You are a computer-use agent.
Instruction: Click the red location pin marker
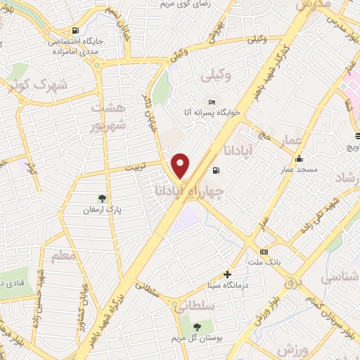pyautogui.click(x=181, y=165)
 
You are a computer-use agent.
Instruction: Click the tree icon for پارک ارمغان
pyautogui.click(x=103, y=198)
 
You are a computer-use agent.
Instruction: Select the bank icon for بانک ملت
pyautogui.click(x=264, y=252)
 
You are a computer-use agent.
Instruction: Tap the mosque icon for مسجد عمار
pyautogui.click(x=300, y=158)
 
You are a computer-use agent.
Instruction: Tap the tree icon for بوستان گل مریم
pyautogui.click(x=196, y=326)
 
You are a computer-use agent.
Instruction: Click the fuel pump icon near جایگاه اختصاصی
pyautogui.click(x=75, y=30)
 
